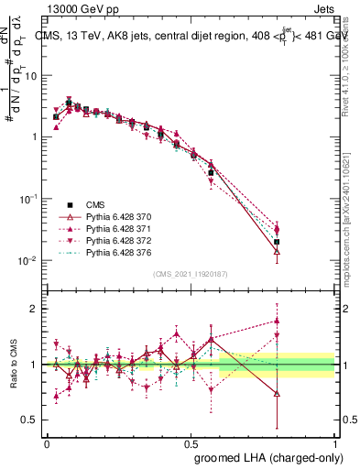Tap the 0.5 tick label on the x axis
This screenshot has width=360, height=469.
[x=191, y=442]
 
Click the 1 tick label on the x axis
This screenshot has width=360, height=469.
[x=336, y=442]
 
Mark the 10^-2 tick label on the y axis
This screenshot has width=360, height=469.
[x=30, y=261]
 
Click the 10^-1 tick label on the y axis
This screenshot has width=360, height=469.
[x=30, y=199]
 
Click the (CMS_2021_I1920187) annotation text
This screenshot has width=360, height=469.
[x=190, y=274]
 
